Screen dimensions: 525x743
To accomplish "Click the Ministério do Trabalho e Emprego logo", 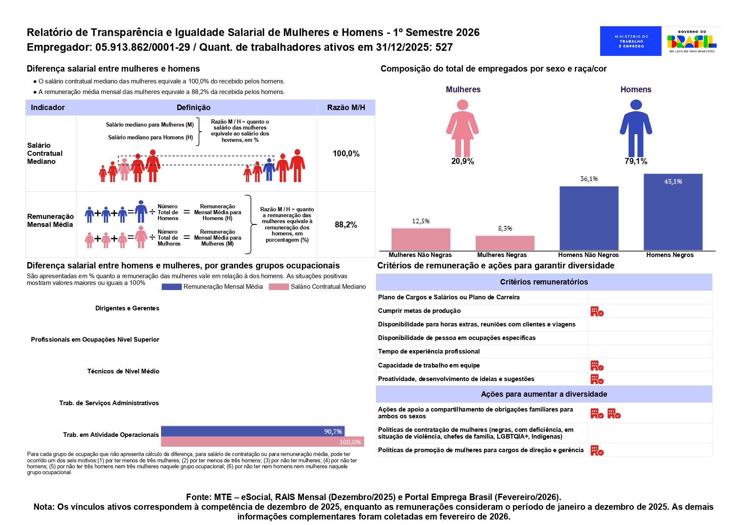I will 630,41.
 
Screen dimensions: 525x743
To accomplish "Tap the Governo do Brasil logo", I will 692,41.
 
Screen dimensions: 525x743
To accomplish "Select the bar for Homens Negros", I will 673,212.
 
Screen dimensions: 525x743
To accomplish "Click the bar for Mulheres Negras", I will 504,243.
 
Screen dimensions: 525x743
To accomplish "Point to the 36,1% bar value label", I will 589,179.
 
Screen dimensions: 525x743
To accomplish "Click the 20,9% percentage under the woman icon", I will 462,161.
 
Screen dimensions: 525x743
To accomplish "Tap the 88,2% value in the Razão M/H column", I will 346,225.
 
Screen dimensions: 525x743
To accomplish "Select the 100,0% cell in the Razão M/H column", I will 346,154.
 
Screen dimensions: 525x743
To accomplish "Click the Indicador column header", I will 48,108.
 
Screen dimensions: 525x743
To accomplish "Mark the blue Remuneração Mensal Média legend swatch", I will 172,287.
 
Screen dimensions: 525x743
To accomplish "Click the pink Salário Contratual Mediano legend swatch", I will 279,287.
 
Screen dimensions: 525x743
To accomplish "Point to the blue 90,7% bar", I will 253,431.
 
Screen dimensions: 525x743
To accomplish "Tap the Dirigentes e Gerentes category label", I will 127,308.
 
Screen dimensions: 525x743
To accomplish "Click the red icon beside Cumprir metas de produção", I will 597,312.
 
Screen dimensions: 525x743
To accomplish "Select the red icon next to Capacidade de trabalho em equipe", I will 597,366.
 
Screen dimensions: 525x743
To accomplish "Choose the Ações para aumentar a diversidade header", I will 544,394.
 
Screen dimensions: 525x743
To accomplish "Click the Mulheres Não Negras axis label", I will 420,255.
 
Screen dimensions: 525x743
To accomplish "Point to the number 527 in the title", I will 444,47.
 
